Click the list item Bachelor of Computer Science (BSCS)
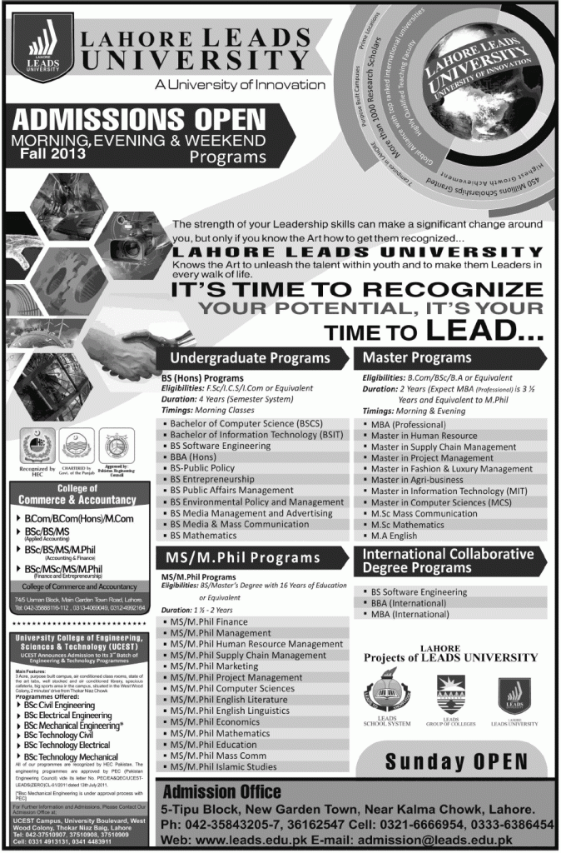click(x=235, y=425)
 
